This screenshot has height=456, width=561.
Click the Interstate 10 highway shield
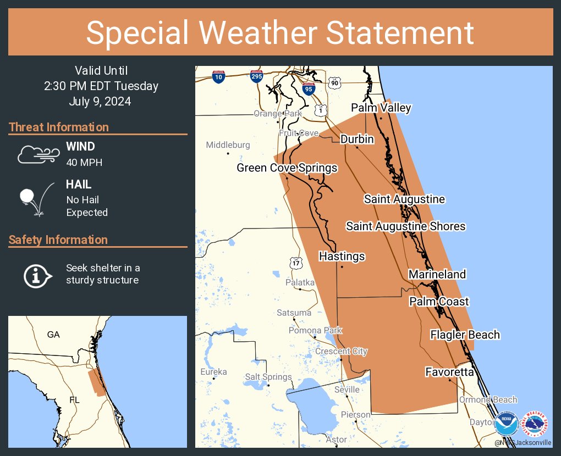pos(218,77)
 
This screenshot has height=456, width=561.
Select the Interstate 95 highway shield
pos(309,88)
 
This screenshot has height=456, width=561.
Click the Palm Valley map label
pos(381,108)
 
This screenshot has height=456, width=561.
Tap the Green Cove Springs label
pos(287,168)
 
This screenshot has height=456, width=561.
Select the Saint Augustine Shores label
pos(405,226)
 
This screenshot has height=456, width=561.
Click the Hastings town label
pos(342,257)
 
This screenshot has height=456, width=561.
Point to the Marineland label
pos(437,274)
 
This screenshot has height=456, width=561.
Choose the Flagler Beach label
pos(465,335)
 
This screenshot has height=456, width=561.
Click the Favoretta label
pos(449,372)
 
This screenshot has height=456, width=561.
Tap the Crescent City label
pos(341,351)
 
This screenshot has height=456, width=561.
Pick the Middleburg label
pos(228,145)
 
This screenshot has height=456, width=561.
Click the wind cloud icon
pos(37,154)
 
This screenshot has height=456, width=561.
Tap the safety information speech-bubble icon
pos(37,275)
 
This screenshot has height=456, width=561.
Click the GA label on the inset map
pos(53,335)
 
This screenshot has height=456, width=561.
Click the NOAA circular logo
pos(506,424)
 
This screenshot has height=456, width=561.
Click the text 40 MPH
pos(84,163)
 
